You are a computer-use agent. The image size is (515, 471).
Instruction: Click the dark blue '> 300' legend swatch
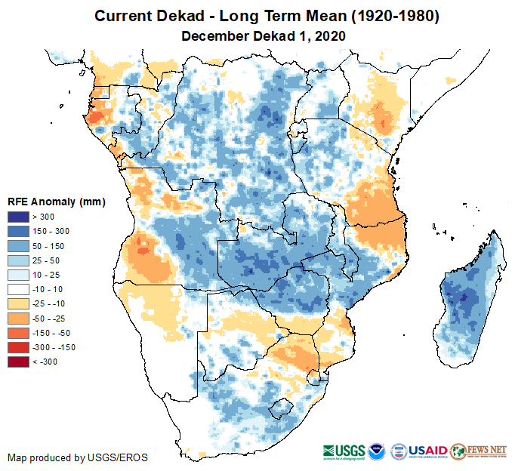[18, 217]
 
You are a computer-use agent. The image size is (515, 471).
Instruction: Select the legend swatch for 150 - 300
[18, 232]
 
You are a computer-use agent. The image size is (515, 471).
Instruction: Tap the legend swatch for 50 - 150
[18, 246]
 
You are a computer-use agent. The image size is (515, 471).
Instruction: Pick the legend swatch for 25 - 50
[18, 260]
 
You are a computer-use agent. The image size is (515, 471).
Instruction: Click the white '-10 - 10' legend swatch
[18, 289]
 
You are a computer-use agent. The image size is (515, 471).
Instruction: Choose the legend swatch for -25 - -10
[18, 303]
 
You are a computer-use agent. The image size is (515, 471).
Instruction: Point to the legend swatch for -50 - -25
[18, 319]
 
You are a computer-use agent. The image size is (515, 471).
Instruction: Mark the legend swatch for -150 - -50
[18, 333]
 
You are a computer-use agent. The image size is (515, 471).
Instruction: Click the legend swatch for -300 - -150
[18, 347]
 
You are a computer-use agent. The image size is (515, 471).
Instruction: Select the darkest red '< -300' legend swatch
[18, 362]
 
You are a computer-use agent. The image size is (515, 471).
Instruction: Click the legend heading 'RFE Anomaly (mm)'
[56, 202]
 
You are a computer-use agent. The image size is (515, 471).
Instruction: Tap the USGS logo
[344, 451]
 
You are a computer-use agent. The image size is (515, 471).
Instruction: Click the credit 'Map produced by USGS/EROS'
[78, 457]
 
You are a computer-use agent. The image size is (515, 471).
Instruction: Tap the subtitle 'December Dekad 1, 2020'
[263, 35]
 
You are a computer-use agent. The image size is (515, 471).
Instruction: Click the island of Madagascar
[469, 302]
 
